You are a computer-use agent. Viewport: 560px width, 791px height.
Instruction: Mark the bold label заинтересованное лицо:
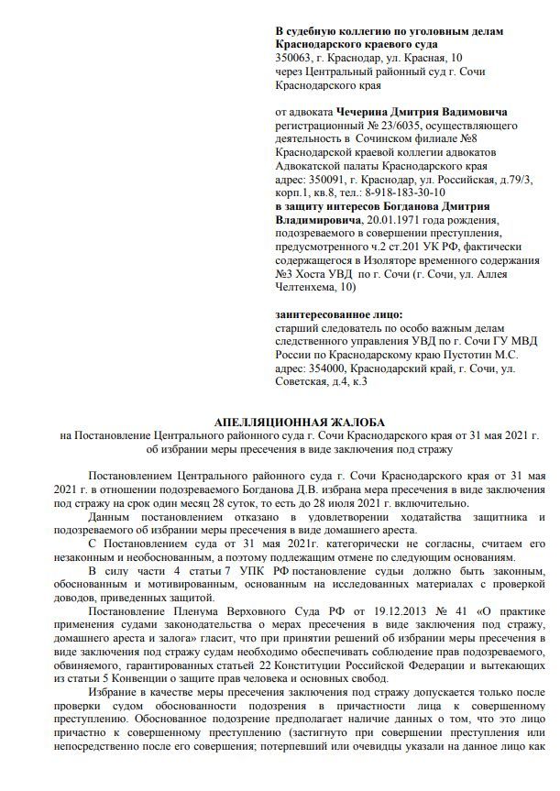tap(338, 313)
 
